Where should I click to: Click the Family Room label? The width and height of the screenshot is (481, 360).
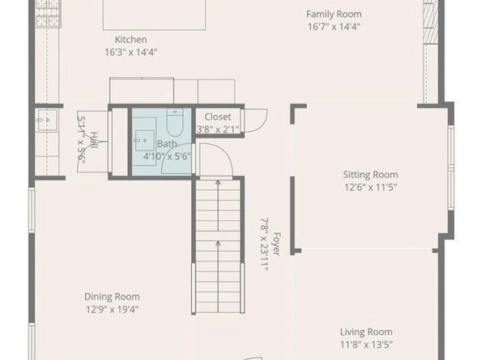334,14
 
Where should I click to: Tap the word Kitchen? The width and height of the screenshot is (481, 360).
131,39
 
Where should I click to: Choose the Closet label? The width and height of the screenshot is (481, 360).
217,116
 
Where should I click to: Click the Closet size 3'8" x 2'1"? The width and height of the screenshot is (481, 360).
217,129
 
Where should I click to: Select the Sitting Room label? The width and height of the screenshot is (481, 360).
370,174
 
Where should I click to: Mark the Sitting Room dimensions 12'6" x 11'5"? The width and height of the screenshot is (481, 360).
370,187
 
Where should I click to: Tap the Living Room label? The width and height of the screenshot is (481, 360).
366,332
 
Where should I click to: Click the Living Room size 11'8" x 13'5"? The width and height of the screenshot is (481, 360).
366,345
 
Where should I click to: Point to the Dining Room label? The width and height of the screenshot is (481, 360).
112,296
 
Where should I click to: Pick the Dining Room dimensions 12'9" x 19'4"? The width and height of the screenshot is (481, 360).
112,309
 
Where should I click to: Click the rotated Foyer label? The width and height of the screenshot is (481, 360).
276,244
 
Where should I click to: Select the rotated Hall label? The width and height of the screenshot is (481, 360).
94,141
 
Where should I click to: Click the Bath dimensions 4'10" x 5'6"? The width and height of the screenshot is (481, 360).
167,155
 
